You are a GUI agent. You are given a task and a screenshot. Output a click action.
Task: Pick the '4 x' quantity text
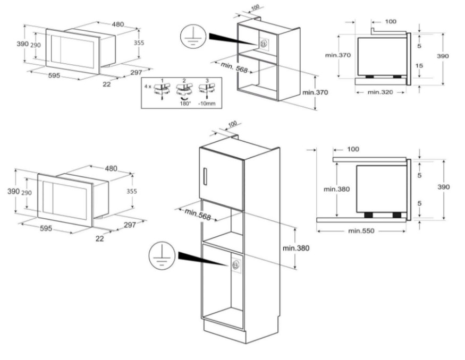pyautogui.click(x=148, y=85)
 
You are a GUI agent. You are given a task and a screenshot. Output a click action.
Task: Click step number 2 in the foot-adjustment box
pyautogui.click(x=184, y=80)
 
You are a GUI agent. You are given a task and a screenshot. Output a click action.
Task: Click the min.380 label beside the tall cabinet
pyautogui.click(x=295, y=248)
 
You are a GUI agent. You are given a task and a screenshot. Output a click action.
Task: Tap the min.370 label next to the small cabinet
pyautogui.click(x=315, y=92)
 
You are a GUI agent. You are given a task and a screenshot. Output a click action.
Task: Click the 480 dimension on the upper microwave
pyautogui.click(x=117, y=24)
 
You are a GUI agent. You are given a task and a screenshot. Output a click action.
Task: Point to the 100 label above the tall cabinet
pyautogui.click(x=232, y=124)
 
